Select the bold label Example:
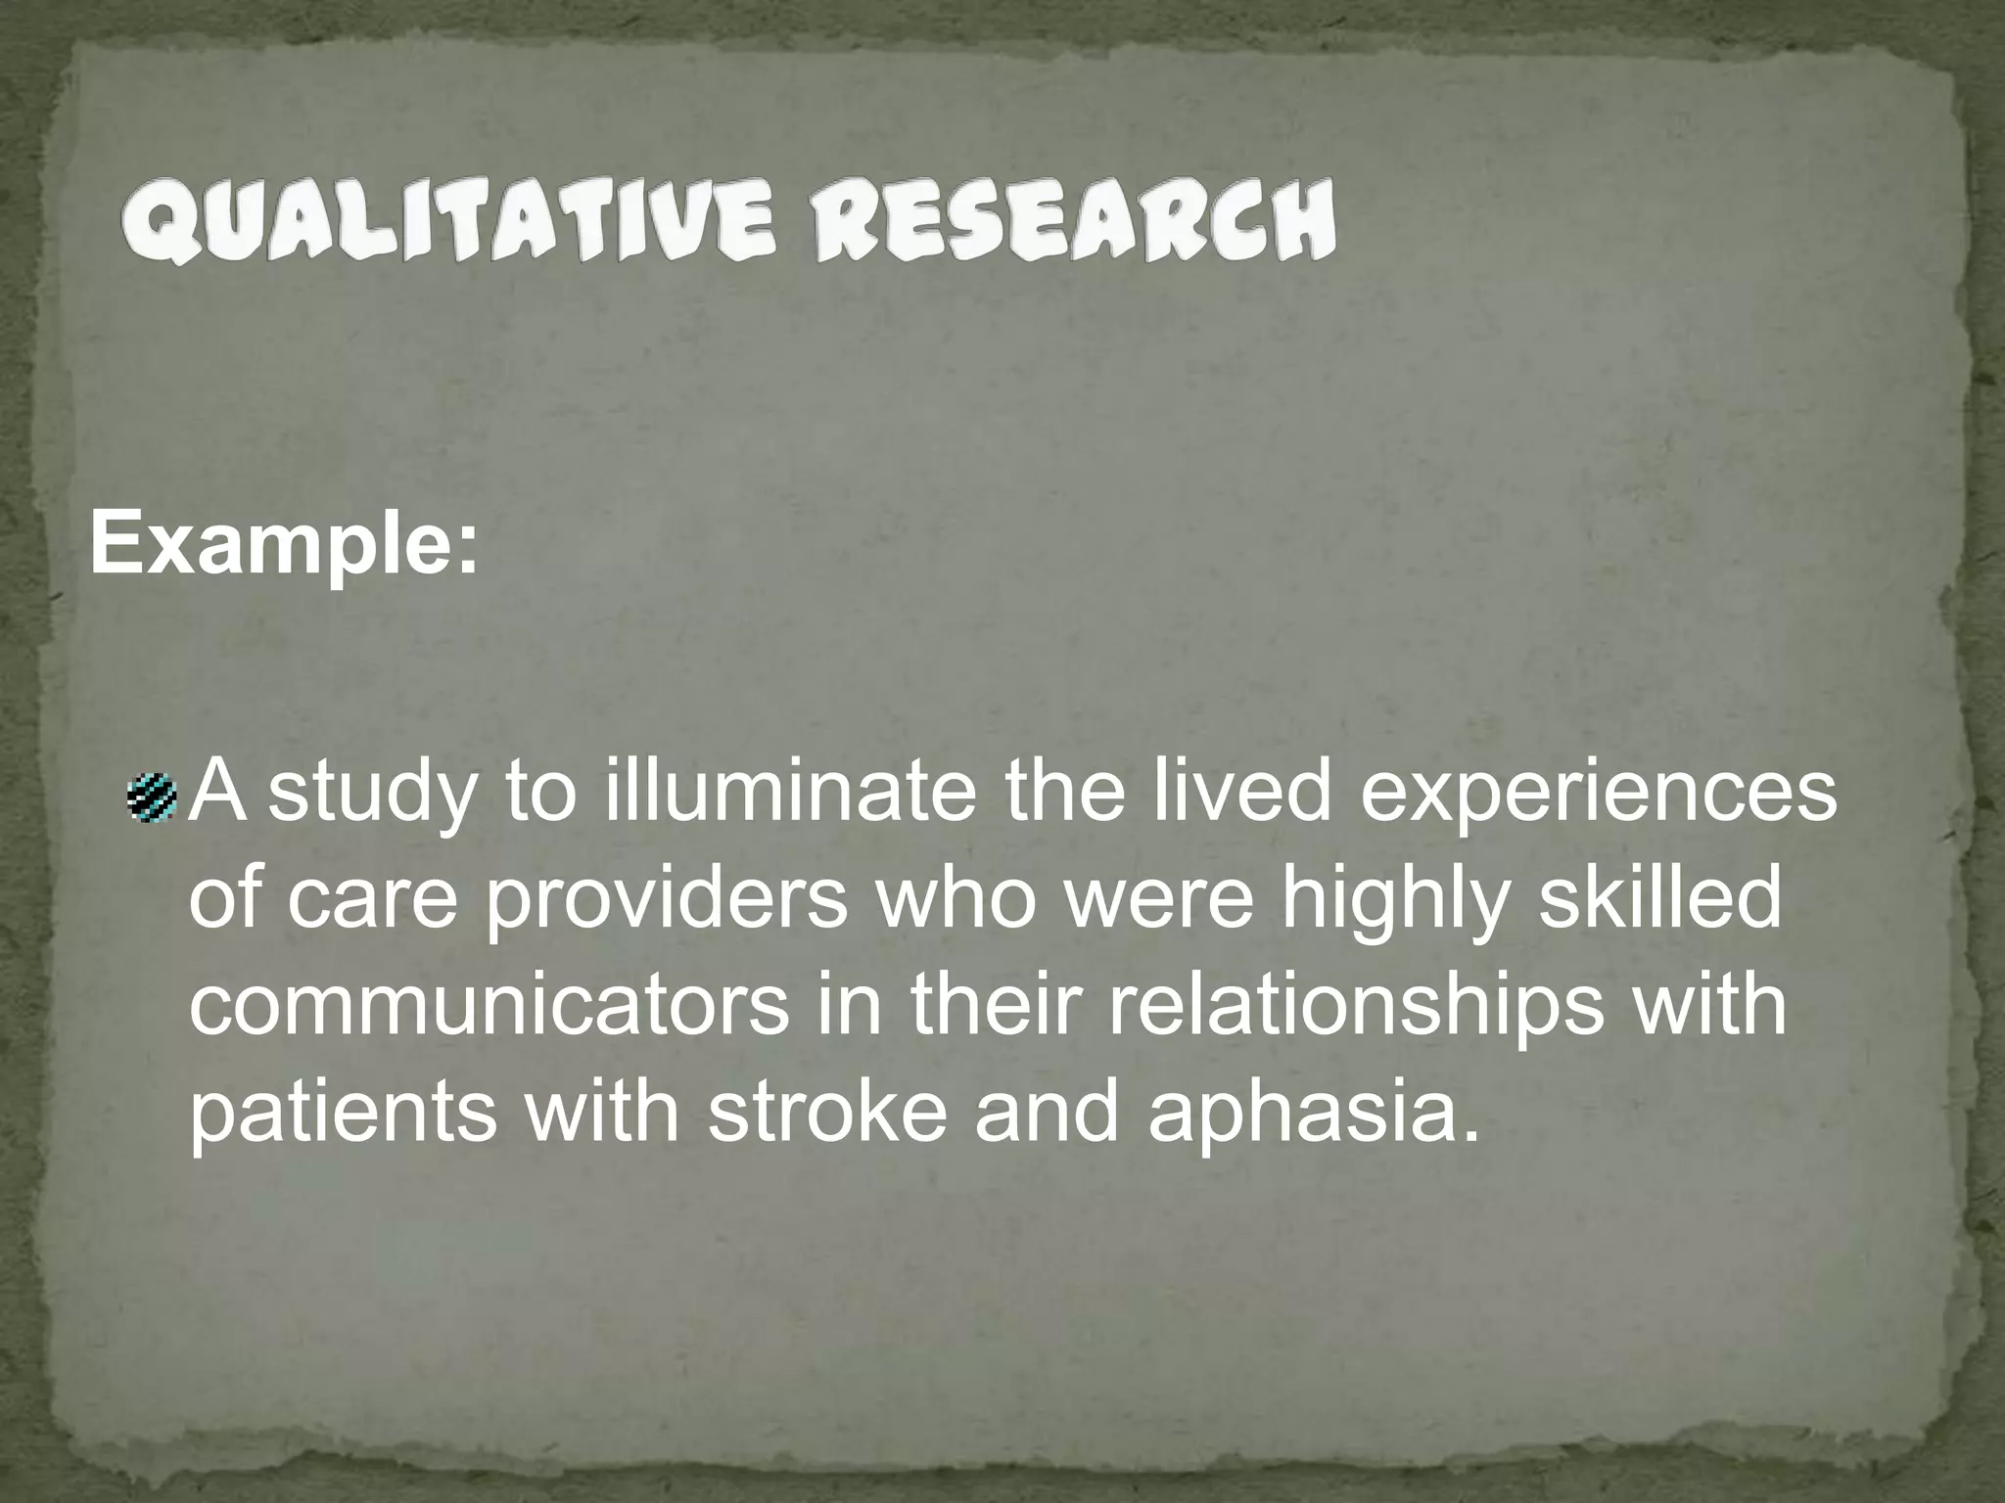click(285, 545)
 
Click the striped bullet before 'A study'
click(152, 796)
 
